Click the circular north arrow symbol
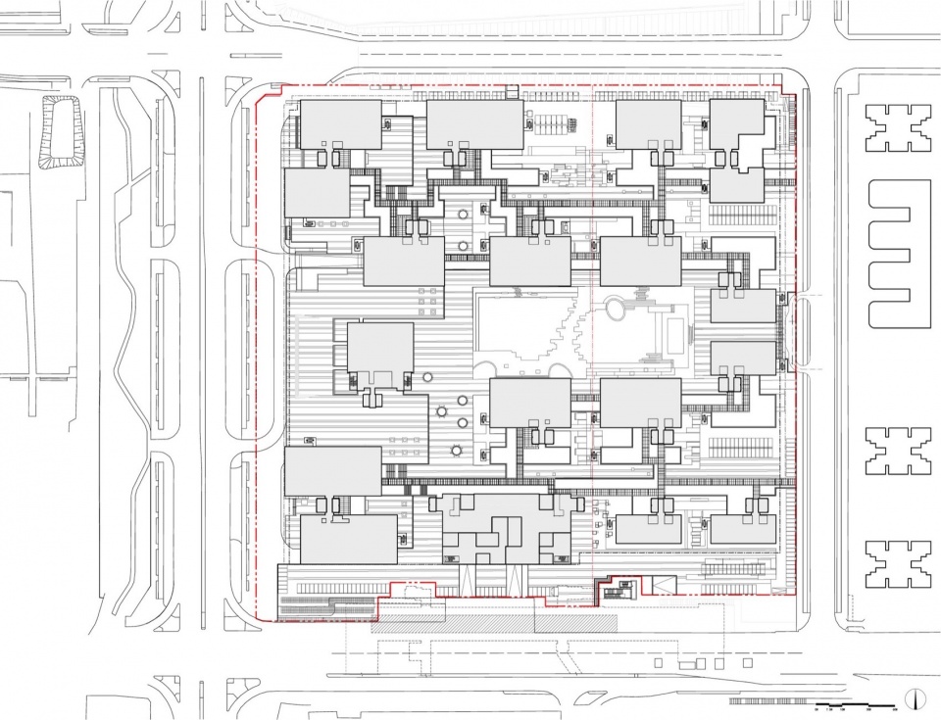click(x=916, y=698)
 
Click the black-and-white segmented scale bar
click(x=858, y=702)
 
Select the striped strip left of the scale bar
click(x=770, y=702)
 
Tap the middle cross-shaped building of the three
click(x=898, y=450)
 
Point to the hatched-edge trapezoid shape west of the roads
click(x=59, y=132)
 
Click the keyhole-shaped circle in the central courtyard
click(x=617, y=310)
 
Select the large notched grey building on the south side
click(x=506, y=529)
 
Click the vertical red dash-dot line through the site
click(x=592, y=294)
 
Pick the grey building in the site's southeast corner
click(x=743, y=529)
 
